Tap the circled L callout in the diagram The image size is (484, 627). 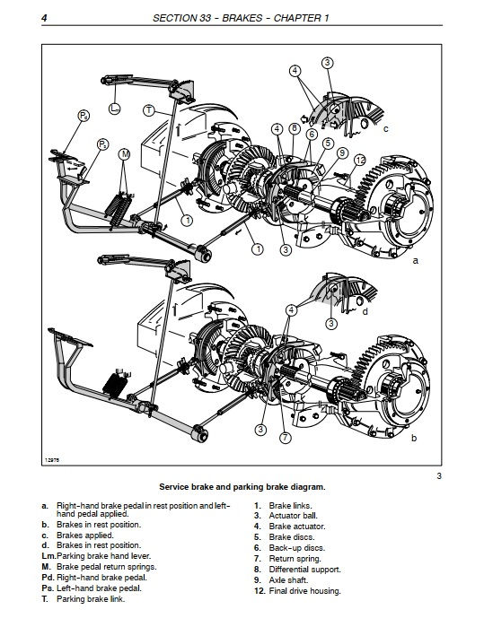[x=114, y=109]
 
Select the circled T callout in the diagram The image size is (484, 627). [x=149, y=110]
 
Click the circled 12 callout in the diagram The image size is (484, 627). [x=359, y=161]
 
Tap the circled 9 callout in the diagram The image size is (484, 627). [x=342, y=152]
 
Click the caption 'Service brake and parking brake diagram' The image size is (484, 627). [x=242, y=486]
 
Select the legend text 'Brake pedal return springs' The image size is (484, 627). [x=111, y=567]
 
